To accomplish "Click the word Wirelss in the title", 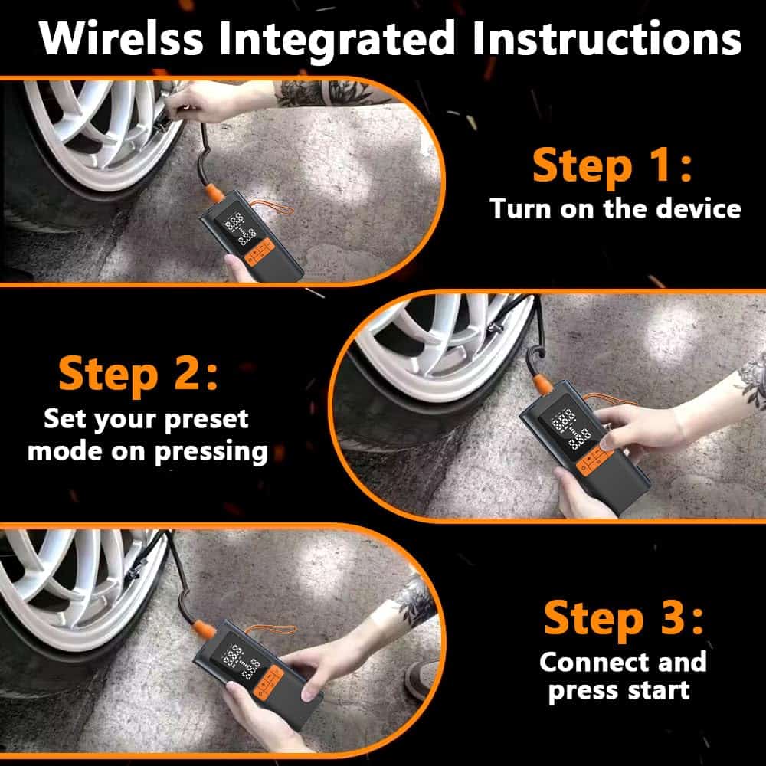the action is pyautogui.click(x=121, y=38).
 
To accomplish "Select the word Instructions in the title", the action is pyautogui.click(x=607, y=38).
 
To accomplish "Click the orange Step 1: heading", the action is pyautogui.click(x=612, y=165).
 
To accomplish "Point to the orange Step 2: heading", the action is pyautogui.click(x=138, y=373).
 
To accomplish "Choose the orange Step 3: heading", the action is pyautogui.click(x=624, y=617).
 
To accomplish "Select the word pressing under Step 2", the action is pyautogui.click(x=211, y=452).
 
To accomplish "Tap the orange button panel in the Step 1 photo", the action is pyautogui.click(x=259, y=251).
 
